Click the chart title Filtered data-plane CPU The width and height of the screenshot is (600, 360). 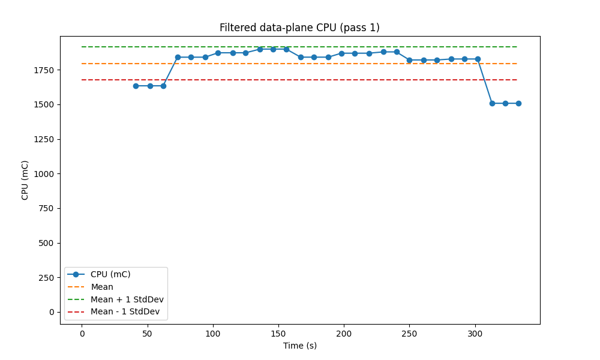[299, 28]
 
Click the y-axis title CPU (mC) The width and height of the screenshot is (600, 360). [25, 180]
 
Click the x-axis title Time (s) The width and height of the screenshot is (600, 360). [300, 346]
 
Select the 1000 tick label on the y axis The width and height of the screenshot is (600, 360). [45, 174]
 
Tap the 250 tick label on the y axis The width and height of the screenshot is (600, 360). [47, 278]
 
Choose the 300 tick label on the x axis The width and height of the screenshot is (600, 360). [475, 333]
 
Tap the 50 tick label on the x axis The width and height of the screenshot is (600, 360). [148, 333]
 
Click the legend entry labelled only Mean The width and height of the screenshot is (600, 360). [102, 287]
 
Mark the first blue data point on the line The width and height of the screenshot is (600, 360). [136, 86]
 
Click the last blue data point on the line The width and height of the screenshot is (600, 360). [518, 103]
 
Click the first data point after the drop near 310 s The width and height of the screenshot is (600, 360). [492, 103]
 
